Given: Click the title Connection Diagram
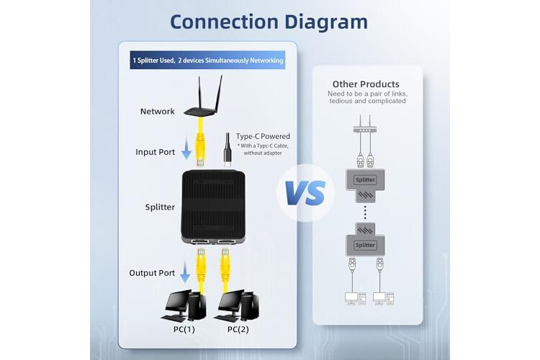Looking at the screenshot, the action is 269,22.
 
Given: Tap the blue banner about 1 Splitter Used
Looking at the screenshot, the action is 207,60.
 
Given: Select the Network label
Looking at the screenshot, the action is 158,112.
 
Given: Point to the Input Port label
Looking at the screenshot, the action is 155,152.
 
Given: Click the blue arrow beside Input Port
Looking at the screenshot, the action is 186,148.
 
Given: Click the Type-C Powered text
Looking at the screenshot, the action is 263,136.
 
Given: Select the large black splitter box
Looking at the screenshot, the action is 213,207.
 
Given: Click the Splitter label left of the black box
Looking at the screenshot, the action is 160,207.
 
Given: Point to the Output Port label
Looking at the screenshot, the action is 152,273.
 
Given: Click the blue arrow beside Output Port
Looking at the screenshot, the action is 185,271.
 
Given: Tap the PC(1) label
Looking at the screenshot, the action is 184,329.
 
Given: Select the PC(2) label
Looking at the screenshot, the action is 238,329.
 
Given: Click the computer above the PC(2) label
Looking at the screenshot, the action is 238,306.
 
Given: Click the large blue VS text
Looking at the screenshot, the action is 305,192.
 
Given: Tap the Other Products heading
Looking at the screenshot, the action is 366,84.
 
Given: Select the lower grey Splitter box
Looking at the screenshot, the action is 365,240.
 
